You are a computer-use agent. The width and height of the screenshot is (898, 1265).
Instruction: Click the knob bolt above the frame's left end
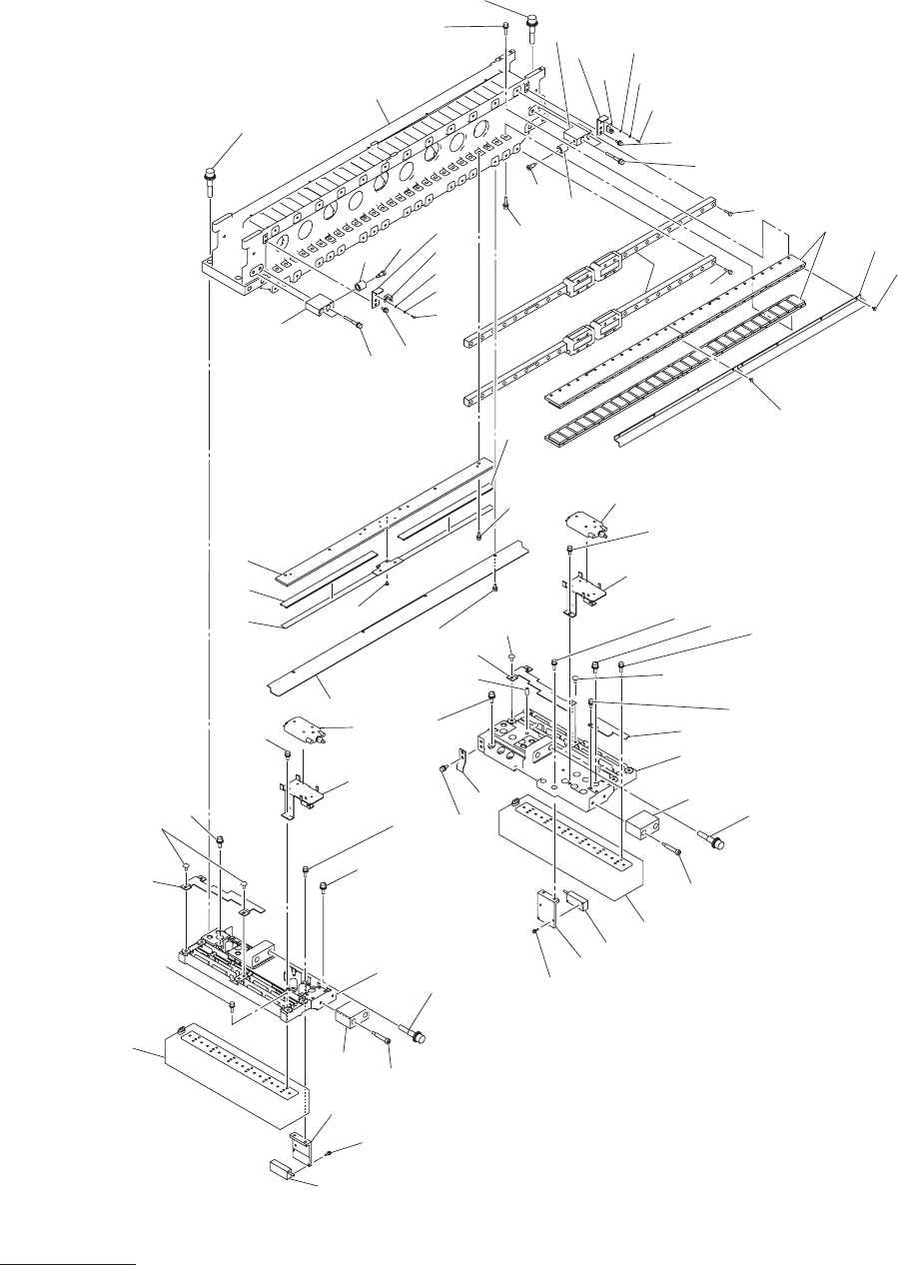click(x=211, y=181)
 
